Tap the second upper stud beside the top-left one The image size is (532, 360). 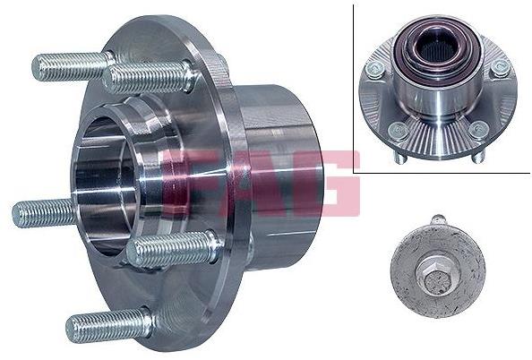[150, 78]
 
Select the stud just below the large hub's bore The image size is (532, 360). [172, 248]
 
